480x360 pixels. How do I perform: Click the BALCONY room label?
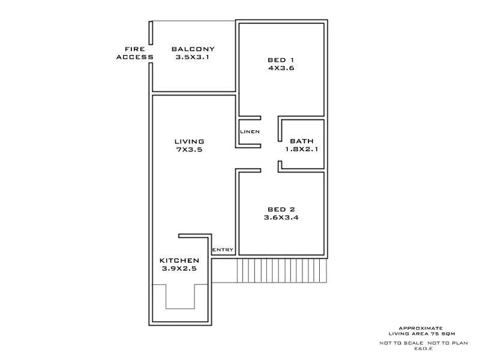(193, 49)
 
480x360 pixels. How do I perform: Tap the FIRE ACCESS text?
(134, 53)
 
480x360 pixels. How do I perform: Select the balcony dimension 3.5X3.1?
(193, 58)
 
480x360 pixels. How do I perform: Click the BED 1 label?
(281, 60)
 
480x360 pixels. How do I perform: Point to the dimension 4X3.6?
(281, 68)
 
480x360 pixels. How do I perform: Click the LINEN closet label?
(250, 131)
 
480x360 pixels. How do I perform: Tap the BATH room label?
(302, 142)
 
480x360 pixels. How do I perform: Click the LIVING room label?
(189, 142)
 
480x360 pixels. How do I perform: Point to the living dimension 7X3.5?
(189, 150)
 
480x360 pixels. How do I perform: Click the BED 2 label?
(281, 209)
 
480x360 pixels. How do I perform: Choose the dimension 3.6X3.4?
(281, 218)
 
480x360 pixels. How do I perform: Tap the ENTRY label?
(223, 250)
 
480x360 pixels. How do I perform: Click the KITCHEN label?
(179, 260)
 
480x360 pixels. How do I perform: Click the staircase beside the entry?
(282, 271)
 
